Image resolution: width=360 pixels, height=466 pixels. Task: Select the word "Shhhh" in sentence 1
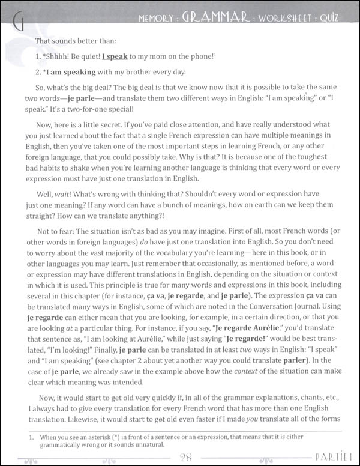click(x=58, y=56)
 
